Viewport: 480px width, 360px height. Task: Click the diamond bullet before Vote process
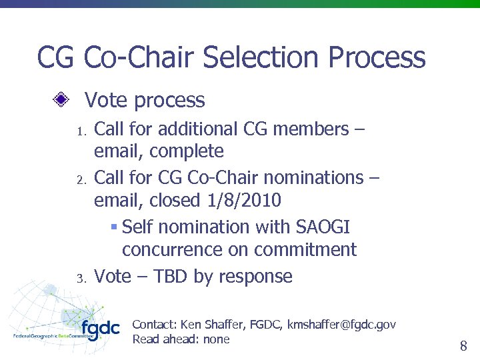tap(61, 101)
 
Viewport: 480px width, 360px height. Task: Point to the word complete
tap(186, 151)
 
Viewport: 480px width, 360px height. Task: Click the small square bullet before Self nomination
tap(114, 227)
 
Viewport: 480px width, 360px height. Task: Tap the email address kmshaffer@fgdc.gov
tap(341, 325)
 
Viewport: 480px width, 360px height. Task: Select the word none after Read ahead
tap(217, 339)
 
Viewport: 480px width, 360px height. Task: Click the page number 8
tap(463, 345)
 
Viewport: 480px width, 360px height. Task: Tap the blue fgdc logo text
tap(100, 329)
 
